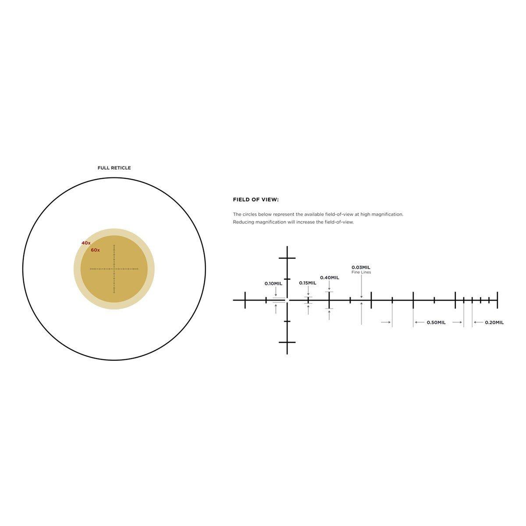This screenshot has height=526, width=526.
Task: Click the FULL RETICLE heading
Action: (114, 168)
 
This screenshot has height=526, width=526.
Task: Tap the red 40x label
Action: (86, 243)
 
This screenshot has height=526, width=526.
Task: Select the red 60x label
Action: (95, 250)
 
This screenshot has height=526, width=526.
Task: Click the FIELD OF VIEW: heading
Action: (256, 199)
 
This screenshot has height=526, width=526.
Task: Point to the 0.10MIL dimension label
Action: (273, 284)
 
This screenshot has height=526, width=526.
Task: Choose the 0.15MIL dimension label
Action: (308, 283)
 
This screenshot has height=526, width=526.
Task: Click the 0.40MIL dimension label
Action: (330, 277)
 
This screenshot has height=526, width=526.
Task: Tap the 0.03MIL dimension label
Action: (361, 267)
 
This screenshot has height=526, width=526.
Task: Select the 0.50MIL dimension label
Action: (436, 322)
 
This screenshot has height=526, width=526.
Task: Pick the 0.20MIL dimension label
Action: (494, 322)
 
